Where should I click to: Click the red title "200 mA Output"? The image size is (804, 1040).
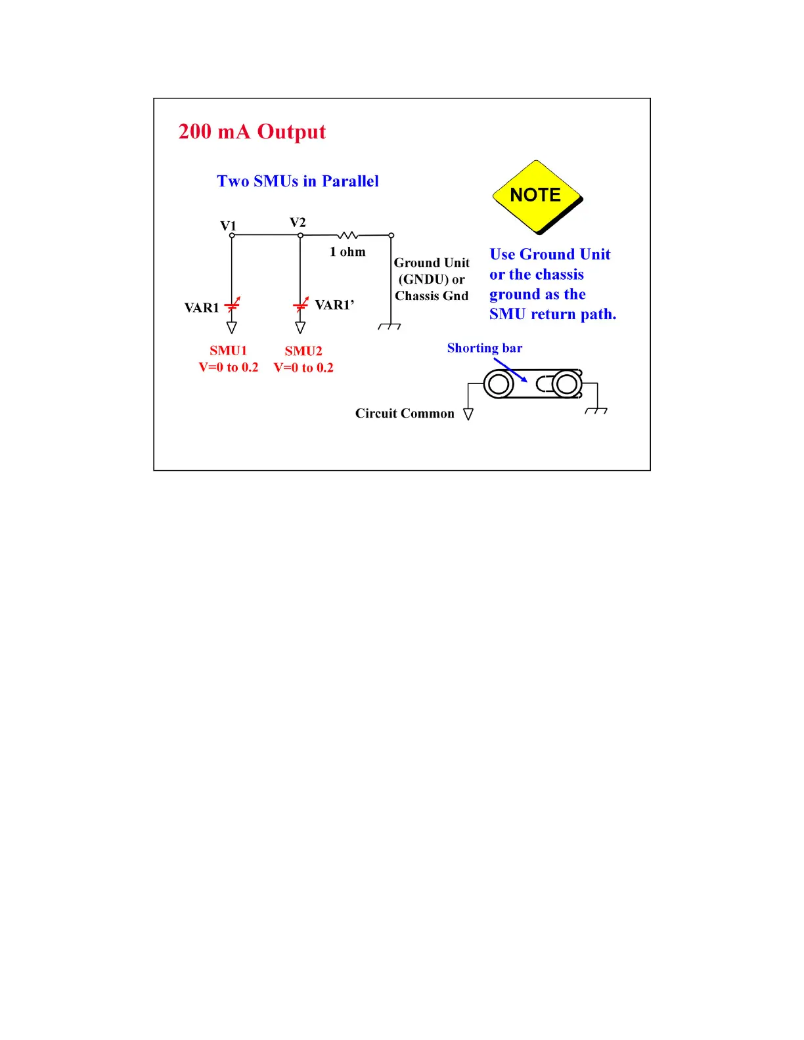252,132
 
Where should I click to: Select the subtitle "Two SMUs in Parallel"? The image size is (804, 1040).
298,181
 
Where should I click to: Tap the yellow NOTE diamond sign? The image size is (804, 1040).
537,196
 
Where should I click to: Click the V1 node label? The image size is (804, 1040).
228,226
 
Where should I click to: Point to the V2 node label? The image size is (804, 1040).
298,223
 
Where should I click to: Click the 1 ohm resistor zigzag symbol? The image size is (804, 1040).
347,235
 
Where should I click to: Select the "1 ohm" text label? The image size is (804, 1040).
347,252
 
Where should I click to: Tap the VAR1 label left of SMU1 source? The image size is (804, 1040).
201,308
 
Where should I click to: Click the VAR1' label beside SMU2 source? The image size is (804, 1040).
334,305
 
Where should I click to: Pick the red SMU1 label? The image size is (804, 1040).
228,351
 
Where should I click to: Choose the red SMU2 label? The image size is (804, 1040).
303,351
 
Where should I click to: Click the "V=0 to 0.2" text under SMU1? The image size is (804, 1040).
229,368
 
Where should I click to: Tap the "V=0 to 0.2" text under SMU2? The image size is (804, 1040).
303,368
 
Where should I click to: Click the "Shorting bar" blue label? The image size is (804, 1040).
485,348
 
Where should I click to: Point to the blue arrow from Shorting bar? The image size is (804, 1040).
510,370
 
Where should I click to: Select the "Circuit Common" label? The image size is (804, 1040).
405,414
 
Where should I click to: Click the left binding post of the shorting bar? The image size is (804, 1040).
499,384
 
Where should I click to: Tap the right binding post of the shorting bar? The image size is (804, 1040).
567,384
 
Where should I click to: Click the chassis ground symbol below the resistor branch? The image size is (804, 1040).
390,326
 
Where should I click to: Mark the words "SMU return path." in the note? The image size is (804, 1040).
552,314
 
